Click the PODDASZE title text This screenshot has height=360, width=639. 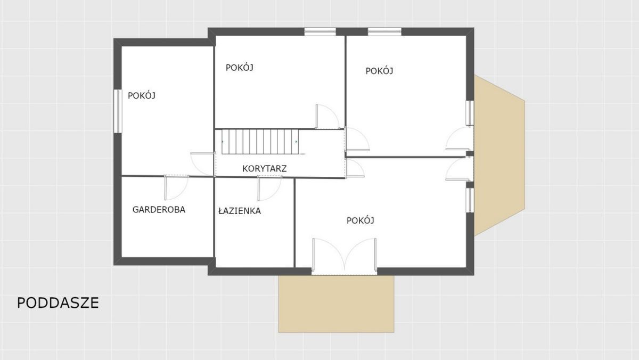[58, 303]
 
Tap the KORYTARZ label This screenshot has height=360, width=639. [265, 169]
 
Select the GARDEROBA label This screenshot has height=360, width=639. [159, 210]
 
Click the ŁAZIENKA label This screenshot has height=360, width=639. [240, 211]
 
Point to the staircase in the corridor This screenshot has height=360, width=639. [260, 142]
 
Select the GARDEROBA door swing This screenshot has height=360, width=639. [176, 187]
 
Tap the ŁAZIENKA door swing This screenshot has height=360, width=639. [270, 189]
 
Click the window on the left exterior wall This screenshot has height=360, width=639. [118, 111]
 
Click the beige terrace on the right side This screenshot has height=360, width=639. [499, 156]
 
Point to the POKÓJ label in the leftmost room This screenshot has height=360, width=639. [142, 95]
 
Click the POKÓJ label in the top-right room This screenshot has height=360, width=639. [379, 71]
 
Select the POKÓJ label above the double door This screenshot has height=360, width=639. [361, 220]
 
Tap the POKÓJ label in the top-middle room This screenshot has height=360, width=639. [239, 68]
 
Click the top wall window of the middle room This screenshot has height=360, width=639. [320, 31]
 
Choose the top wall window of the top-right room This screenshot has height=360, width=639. [384, 31]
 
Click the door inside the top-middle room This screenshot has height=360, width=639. [327, 117]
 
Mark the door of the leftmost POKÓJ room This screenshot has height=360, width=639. [202, 164]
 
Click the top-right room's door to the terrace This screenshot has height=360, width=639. [458, 138]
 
